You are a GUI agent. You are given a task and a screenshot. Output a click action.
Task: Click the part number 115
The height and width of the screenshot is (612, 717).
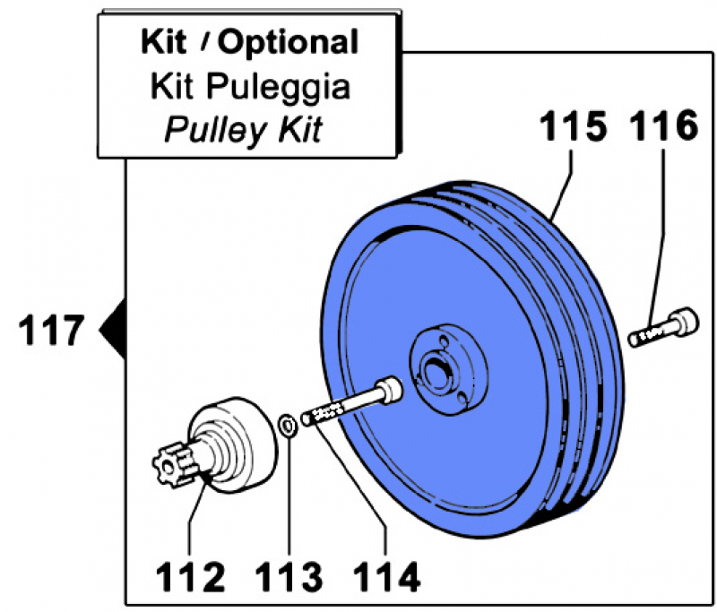coord(572,126)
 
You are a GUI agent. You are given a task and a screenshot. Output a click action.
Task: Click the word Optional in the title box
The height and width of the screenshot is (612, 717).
coord(289,41)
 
